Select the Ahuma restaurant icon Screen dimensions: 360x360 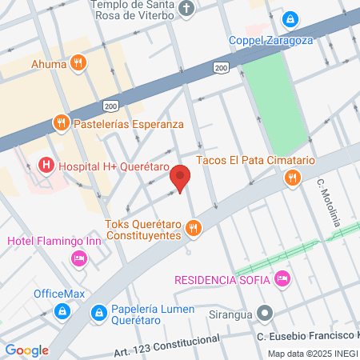pos(77,62)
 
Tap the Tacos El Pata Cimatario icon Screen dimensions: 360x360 pos(293,177)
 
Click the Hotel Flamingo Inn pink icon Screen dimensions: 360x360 pos(78,258)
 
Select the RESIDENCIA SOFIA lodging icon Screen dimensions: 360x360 pos(281,278)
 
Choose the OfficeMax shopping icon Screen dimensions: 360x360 pos(61,310)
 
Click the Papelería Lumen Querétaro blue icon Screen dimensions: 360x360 pos(99,311)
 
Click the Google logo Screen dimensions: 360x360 pos(26,350)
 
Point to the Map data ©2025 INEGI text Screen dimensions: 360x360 pos(313,354)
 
